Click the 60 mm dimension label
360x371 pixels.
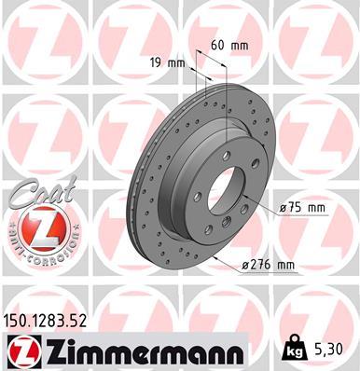click(230, 45)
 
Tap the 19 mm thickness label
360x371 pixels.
click(170, 63)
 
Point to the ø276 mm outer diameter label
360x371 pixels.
click(268, 266)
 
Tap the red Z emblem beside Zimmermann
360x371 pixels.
click(22, 351)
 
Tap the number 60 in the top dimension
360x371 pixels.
click(219, 45)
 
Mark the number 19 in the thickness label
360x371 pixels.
click(160, 63)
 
